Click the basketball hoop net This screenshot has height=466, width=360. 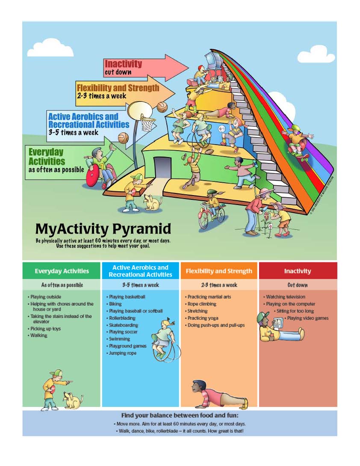tap(148, 124)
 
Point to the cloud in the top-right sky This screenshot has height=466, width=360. tap(316, 55)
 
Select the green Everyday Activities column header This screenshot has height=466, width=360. tap(62, 271)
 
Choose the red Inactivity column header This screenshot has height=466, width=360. tap(298, 271)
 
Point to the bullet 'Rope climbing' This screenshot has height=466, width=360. tap(202, 304)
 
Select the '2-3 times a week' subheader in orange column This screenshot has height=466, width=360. tap(219, 285)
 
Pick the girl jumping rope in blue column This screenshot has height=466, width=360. tap(162, 338)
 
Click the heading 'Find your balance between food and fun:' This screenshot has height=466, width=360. tap(180, 416)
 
